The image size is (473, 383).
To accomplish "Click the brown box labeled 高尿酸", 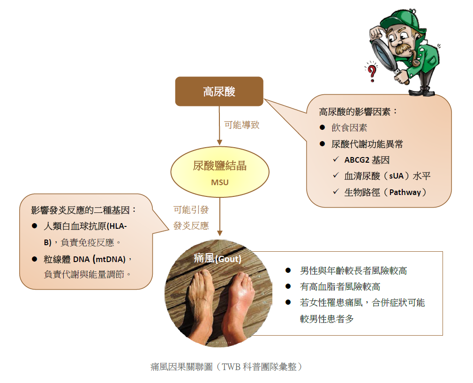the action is [219, 91].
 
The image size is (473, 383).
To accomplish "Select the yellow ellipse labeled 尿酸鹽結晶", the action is [219, 172].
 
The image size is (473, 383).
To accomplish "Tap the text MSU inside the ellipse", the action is [219, 182].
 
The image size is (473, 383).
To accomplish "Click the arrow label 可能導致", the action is [241, 125].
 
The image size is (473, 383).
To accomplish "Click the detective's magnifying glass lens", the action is [383, 54].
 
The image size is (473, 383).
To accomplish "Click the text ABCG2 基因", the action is [367, 160].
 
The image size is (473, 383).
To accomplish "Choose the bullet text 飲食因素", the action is [349, 128].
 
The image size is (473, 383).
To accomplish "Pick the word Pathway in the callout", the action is [405, 192].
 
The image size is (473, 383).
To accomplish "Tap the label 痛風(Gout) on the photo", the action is [218, 258].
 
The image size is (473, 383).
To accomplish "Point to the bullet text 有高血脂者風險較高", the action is [340, 286].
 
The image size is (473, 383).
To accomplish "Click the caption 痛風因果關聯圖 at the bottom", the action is [181, 367].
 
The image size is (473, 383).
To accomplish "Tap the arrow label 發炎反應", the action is [191, 225].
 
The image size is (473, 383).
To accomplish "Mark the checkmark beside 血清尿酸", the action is [336, 175].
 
